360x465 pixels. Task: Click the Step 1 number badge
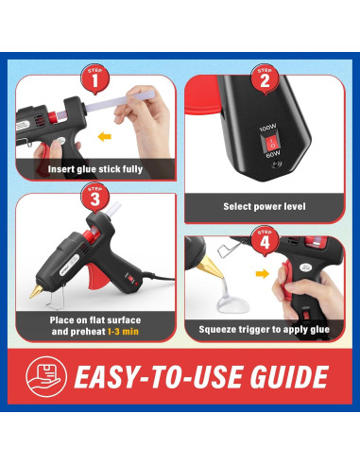[x=95, y=79]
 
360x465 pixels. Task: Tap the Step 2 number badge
[x=265, y=79]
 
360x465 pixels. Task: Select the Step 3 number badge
[x=95, y=198]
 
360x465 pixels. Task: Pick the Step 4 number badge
[x=265, y=241]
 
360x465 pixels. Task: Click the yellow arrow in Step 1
[x=104, y=137]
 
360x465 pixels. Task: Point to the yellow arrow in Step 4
[x=263, y=273]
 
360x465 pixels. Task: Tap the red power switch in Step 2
[x=270, y=143]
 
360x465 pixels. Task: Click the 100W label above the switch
[x=267, y=128]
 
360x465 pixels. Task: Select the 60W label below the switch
[x=272, y=155]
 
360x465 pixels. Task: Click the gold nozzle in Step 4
[x=210, y=267]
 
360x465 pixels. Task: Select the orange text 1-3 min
[x=123, y=332]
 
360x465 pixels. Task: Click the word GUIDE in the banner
[x=289, y=377]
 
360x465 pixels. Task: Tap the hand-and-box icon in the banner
[x=46, y=376]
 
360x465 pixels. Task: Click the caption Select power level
[x=265, y=206]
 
